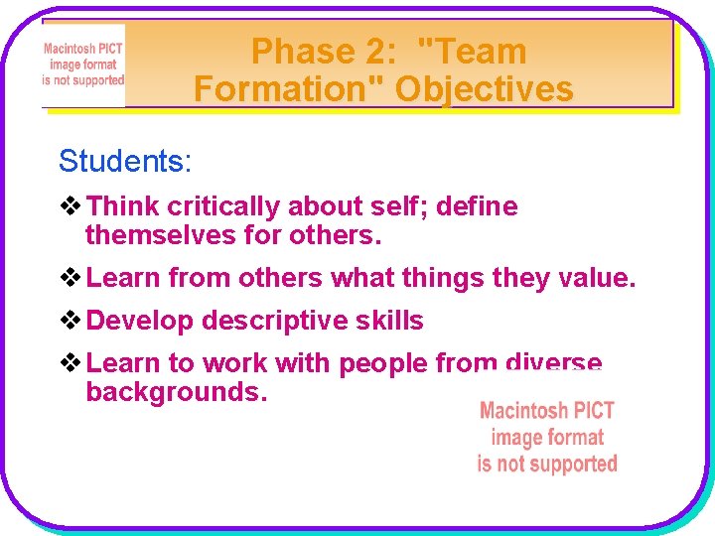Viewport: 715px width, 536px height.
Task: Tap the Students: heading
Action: [x=124, y=161]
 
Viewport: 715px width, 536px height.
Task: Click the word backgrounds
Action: [x=177, y=392]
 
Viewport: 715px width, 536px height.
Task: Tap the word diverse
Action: [x=553, y=363]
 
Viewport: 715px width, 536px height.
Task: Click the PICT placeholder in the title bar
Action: [x=83, y=66]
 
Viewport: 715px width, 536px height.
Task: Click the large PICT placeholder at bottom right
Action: [x=547, y=437]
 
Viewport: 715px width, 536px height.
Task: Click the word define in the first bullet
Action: [x=478, y=206]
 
